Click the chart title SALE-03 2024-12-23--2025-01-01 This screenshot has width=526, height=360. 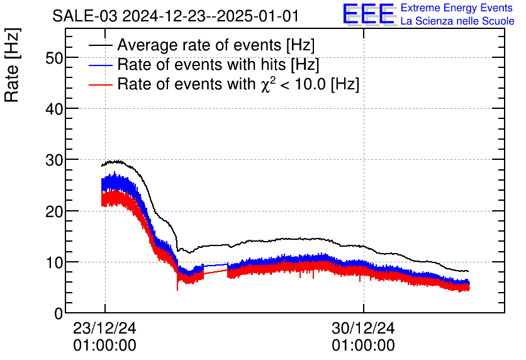click(176, 16)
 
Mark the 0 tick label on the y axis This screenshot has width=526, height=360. click(59, 313)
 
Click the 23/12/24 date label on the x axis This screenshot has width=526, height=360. click(105, 329)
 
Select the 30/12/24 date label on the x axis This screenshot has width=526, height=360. click(364, 329)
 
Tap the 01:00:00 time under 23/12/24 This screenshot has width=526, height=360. click(105, 346)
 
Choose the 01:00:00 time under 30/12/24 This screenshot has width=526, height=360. click(364, 346)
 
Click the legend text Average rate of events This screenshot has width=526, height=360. click(216, 45)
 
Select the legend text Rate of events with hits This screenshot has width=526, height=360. click(218, 64)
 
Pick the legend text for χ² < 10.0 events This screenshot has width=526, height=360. click(238, 84)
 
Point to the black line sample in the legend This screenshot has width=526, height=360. click(101, 46)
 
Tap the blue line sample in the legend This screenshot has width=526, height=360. click(101, 65)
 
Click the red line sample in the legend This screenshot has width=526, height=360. click(101, 84)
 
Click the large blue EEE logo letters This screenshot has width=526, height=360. click(369, 14)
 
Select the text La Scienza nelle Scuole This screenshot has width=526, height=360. click(457, 21)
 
